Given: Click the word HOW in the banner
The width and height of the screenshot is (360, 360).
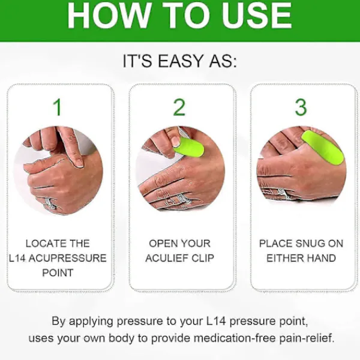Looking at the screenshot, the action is [107, 16].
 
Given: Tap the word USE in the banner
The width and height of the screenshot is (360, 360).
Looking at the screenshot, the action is [257, 16].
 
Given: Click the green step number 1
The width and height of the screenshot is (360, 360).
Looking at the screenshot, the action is [58, 107].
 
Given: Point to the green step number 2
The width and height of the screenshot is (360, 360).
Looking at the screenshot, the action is [179, 107].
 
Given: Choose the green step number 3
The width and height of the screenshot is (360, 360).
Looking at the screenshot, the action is [301, 107].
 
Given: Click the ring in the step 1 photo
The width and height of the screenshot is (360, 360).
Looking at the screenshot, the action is [51, 203].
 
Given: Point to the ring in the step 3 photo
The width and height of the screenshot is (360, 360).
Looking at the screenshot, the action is [284, 194].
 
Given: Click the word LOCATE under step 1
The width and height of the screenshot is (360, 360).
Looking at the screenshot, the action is [42, 244].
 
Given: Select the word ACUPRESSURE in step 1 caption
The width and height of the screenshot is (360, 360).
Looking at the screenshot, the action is [67, 258].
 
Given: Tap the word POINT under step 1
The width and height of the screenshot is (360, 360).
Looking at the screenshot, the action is [58, 273].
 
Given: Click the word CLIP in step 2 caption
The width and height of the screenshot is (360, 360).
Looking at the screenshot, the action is [203, 258].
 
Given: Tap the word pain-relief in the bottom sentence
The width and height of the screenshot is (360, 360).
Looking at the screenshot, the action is [307, 338].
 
